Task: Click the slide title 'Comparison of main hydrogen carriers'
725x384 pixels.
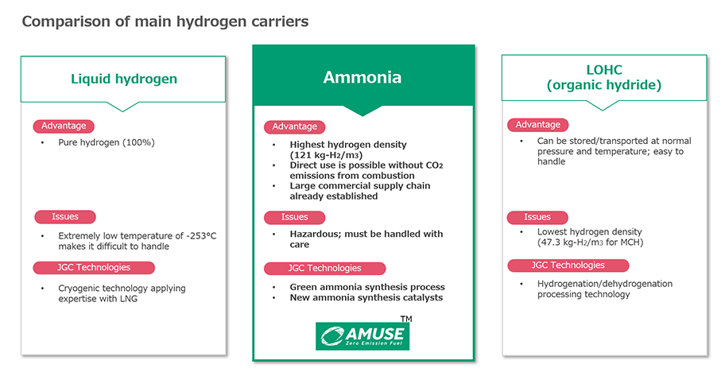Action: tap(165, 21)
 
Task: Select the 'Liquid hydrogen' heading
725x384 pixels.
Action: tap(124, 79)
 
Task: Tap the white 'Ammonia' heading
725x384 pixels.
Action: tap(362, 77)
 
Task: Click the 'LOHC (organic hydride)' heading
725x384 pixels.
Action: tap(604, 77)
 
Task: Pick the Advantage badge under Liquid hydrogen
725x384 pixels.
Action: tap(64, 126)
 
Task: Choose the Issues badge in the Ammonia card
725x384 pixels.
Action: tap(294, 217)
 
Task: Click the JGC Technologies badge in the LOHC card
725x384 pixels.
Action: tap(568, 265)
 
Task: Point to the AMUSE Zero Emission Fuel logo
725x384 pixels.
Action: tap(362, 336)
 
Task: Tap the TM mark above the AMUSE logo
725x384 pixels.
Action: tap(406, 319)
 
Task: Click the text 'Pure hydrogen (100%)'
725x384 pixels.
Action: tap(107, 142)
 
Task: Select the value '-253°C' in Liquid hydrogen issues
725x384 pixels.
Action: tap(201, 235)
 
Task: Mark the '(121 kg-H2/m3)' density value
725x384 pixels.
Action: tap(326, 155)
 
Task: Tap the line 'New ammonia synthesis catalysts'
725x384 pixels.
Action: tap(366, 297)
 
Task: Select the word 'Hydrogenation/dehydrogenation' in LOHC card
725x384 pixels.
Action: tap(605, 284)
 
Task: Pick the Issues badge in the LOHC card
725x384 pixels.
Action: tap(537, 217)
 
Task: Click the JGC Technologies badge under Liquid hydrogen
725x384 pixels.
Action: tap(94, 267)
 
